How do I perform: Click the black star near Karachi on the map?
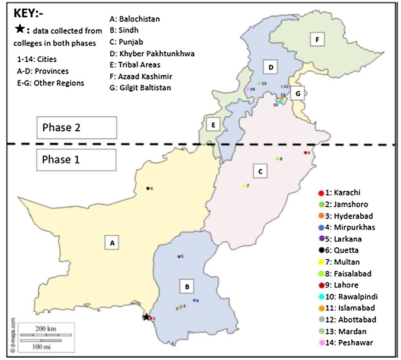(146, 317)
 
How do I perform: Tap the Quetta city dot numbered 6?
(147, 188)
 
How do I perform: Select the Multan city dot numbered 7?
(244, 186)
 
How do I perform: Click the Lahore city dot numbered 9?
(305, 152)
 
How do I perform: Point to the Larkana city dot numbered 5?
(179, 256)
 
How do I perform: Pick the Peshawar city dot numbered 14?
(248, 89)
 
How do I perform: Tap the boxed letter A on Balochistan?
(112, 243)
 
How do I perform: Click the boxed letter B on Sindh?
(187, 287)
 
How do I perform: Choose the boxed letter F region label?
(317, 39)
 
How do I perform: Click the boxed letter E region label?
(213, 125)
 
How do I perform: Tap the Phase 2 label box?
(77, 128)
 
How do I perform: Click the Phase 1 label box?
(77, 159)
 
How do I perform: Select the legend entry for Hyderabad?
(347, 216)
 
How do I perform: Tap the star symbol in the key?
(20, 30)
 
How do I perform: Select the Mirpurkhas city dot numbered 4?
(194, 300)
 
